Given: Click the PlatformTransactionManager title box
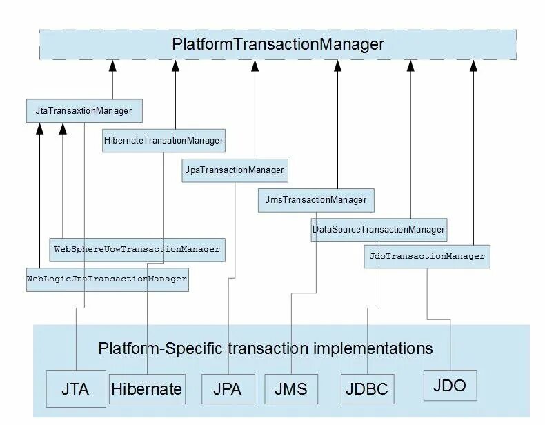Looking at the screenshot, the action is click(x=278, y=45).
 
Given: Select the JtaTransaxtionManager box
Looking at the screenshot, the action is click(x=84, y=111).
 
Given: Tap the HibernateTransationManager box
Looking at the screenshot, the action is click(x=163, y=141).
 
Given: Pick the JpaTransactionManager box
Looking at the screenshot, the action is click(x=235, y=170).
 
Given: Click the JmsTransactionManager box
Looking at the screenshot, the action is click(x=316, y=200).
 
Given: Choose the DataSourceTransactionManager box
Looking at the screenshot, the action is click(x=379, y=230).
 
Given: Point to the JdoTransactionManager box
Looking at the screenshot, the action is click(x=427, y=257).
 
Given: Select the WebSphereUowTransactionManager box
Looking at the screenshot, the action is click(x=137, y=250).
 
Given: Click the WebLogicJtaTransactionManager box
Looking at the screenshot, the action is click(x=108, y=279).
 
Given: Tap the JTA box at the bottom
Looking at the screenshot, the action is click(x=76, y=389).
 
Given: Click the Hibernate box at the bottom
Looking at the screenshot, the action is click(x=147, y=389).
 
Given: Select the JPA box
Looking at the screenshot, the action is click(x=228, y=389).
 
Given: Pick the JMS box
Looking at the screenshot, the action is click(x=291, y=389).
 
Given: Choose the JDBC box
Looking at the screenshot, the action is click(x=368, y=389).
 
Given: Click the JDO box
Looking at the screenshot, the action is click(x=450, y=386).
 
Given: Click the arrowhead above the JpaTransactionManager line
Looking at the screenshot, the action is click(x=255, y=66).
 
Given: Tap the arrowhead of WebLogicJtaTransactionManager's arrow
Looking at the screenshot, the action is click(x=39, y=128).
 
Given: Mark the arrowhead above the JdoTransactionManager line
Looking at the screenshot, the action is click(x=473, y=66).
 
